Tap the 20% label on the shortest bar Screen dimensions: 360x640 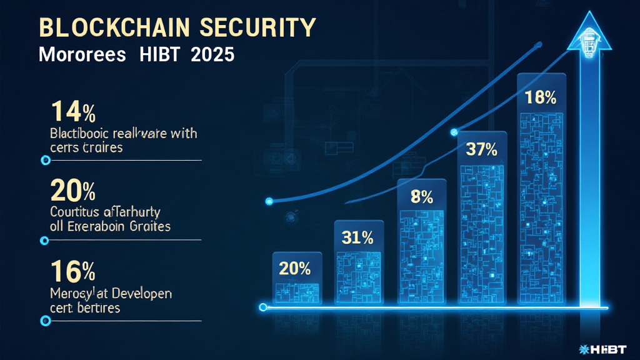coord(295,268)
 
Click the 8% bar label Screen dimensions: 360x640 coord(421,197)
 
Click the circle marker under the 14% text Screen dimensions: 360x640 coord(45,161)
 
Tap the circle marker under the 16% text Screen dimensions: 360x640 coord(45,321)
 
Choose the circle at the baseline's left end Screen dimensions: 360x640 coord(263,307)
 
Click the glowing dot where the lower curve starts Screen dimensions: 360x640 coord(270,201)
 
